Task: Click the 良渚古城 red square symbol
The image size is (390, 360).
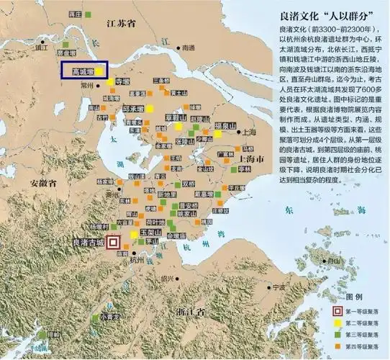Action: (x=113, y=243)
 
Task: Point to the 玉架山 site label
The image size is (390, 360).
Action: (x=149, y=233)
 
